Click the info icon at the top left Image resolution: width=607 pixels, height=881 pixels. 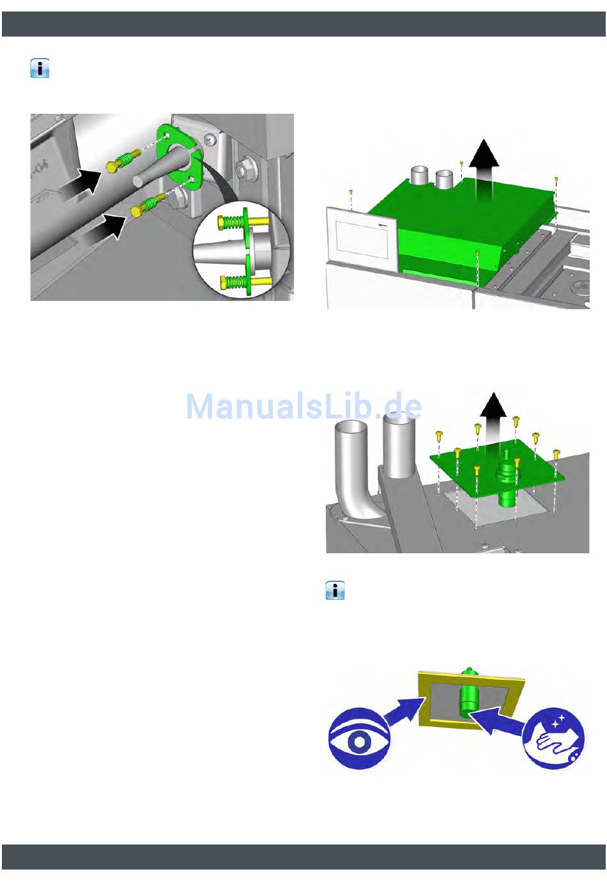(x=40, y=69)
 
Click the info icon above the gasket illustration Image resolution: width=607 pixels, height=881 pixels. (x=335, y=590)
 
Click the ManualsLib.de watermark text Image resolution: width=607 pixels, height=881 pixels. (x=304, y=407)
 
